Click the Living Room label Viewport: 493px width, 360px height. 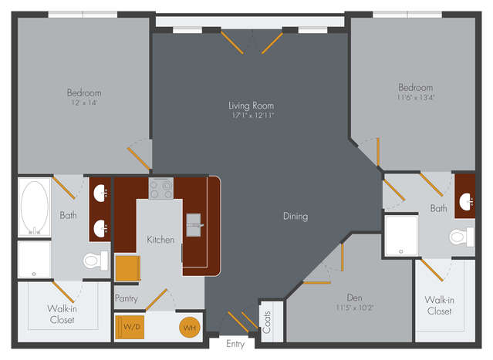click(251, 106)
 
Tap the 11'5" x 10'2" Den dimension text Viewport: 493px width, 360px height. click(355, 308)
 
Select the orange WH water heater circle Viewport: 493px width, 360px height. click(190, 328)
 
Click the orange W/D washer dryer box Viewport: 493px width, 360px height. click(130, 328)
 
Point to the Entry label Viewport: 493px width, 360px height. click(235, 344)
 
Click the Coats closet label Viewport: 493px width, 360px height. click(267, 322)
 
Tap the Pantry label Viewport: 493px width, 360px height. click(127, 298)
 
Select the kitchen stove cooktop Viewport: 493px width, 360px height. click(161, 188)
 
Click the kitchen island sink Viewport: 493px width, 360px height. click(194, 225)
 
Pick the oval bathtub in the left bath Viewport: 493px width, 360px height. click(35, 207)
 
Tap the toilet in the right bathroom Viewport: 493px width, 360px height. click(461, 237)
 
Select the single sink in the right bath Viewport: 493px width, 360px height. click(466, 201)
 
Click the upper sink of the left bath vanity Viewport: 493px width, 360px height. click(100, 193)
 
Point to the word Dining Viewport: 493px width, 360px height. click(295, 217)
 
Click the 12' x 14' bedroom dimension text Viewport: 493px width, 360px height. click(84, 103)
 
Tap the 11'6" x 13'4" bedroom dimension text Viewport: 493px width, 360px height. click(416, 97)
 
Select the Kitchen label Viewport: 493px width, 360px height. click(160, 240)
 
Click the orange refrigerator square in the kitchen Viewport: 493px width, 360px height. click(127, 268)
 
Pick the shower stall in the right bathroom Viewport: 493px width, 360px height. click(401, 235)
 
